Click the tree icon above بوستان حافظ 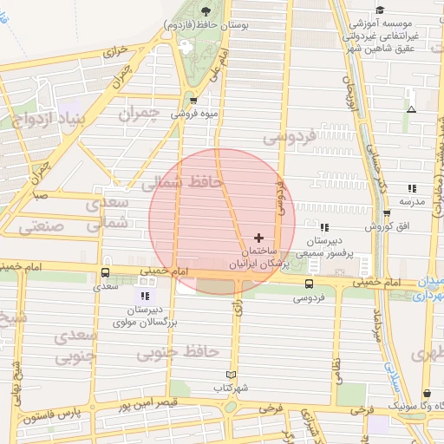[206, 11]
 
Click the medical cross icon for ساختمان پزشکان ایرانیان [258, 237]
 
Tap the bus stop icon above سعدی [106, 272]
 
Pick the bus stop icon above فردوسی [310, 284]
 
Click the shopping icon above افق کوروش [386, 213]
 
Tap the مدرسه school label [411, 201]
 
